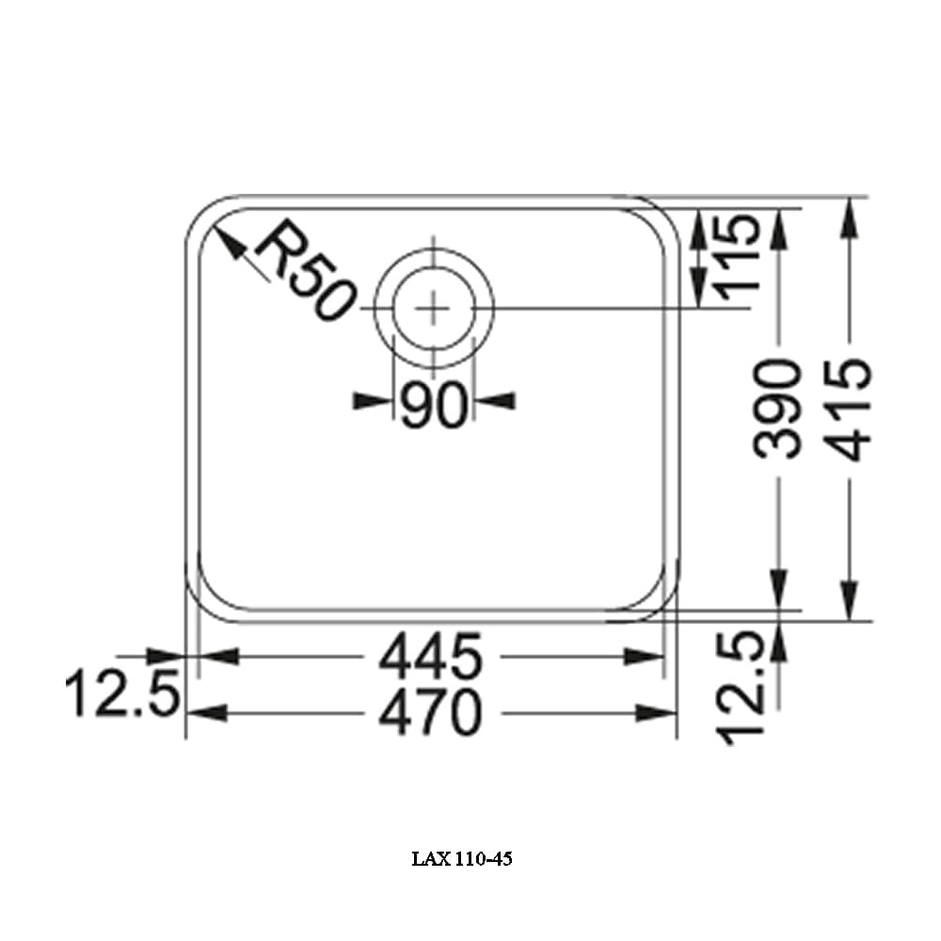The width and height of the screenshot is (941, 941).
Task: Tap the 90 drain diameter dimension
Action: pos(434,406)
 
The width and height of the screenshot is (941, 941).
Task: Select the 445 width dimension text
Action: pos(430,657)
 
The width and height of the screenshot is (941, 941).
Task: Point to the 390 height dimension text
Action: pos(780,408)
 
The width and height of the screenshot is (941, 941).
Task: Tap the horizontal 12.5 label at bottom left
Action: pos(121,697)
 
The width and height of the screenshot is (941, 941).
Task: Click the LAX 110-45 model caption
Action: pos(462,859)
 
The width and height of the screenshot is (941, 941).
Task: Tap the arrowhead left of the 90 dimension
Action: pos(371,402)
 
